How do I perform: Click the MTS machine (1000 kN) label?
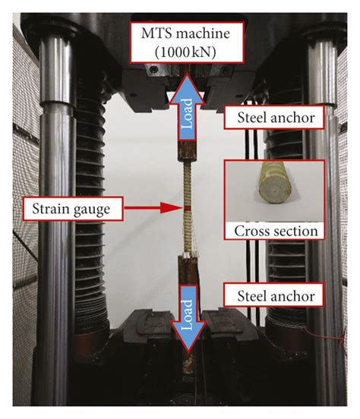point(181,43)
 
